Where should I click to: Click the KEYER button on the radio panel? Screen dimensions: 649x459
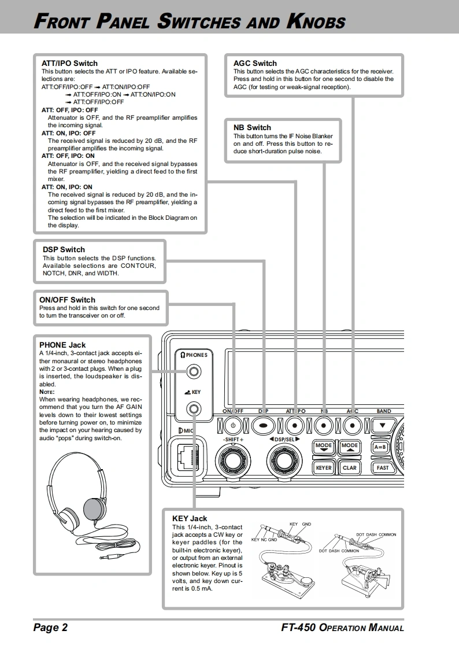324,467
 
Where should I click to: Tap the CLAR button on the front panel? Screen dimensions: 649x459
350,467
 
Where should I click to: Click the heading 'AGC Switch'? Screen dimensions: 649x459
255,63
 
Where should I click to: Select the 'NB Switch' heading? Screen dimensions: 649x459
252,127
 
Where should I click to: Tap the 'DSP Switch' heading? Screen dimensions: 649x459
64,249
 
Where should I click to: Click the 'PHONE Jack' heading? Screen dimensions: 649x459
62,345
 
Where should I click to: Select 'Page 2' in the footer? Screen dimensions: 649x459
50,628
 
